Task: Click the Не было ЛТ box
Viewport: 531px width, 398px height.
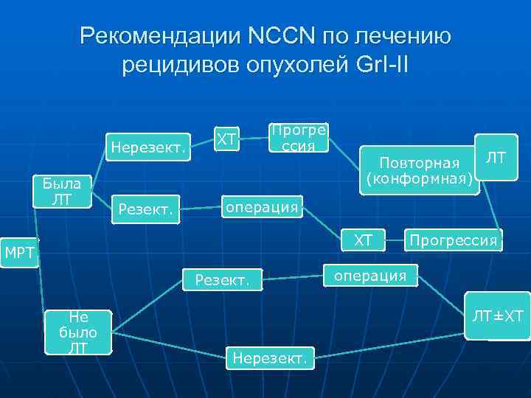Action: point(77,332)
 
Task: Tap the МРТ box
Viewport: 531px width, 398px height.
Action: point(19,254)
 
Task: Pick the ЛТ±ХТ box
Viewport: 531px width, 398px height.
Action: point(497,317)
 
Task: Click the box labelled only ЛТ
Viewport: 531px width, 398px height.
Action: point(496,157)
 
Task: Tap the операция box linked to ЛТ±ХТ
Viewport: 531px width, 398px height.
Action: point(369,276)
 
